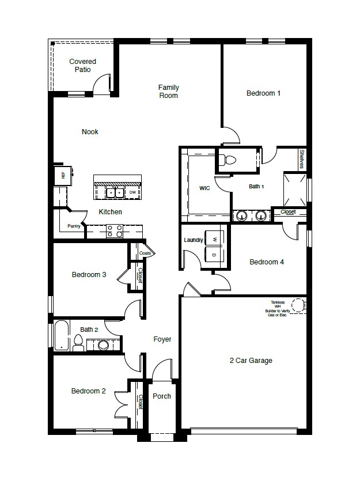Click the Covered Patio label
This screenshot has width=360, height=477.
pos(82,66)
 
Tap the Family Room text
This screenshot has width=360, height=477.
pos(169,92)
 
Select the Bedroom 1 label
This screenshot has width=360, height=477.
pos(263,93)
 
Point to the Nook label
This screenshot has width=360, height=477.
pos(90,132)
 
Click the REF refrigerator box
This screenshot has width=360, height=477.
pos(63,175)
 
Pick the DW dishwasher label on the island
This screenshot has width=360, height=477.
pos(132,192)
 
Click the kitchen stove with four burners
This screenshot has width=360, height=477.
pos(114,231)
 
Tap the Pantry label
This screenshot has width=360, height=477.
pos(73,226)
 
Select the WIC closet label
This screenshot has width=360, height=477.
pos(204,188)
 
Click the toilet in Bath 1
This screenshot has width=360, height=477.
pos(229,160)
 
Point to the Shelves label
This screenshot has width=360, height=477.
pos(302,160)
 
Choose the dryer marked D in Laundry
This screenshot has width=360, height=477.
pos(214,255)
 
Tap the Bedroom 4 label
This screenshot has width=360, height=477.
pos(267,262)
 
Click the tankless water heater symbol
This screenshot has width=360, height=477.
pos(298,305)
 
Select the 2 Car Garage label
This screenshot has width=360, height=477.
pos(251,361)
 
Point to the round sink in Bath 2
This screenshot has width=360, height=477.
pos(104,345)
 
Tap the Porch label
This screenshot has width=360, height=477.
pos(162,396)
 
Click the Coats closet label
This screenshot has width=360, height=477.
pos(145,253)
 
